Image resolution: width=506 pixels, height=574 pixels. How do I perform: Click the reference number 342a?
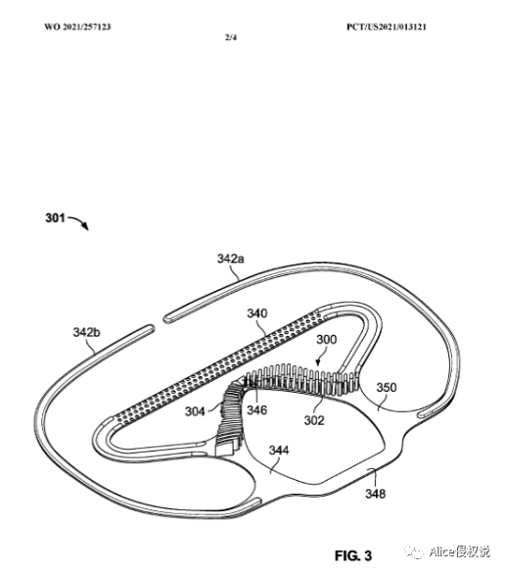(230, 259)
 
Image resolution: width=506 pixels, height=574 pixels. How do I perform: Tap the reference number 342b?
(87, 332)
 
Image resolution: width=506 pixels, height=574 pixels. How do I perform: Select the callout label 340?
(257, 313)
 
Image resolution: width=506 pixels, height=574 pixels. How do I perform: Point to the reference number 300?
(326, 339)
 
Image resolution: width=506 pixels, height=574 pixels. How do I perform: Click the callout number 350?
(387, 387)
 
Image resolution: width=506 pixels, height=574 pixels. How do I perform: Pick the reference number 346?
(256, 409)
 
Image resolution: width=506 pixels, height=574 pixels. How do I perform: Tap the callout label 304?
(195, 411)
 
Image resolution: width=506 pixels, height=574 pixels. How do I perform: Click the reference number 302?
(314, 420)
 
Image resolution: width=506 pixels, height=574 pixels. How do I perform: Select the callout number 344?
(279, 450)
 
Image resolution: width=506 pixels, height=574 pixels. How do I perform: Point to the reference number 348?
(376, 494)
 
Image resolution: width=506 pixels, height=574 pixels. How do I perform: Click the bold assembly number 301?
(55, 218)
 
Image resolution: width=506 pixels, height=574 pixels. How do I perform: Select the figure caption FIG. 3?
(353, 555)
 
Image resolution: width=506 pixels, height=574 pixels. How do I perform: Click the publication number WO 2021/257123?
(77, 27)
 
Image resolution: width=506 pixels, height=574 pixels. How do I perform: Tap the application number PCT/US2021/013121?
(387, 27)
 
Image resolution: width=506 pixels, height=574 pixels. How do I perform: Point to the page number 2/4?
(231, 37)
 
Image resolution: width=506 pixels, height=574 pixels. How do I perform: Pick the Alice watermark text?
(459, 551)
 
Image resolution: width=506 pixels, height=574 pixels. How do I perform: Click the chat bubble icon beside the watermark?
(415, 552)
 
